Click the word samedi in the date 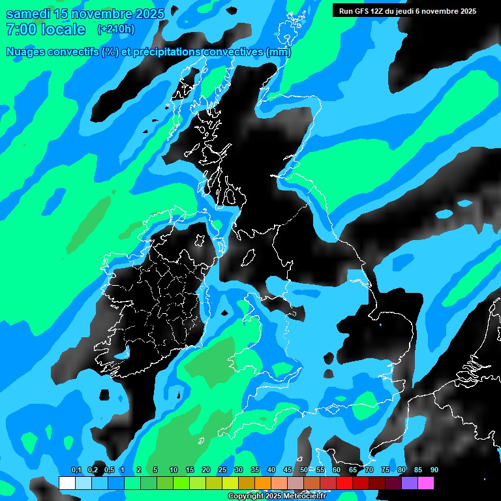[28, 14]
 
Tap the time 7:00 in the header [21, 29]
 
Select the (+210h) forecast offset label [116, 29]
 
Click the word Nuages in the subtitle [25, 52]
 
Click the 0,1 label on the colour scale [76, 470]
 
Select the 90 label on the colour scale [434, 470]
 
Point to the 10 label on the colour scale [174, 470]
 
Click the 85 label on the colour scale [418, 470]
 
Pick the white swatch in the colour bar [67, 483]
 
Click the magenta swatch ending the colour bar [426, 483]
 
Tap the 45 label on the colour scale [288, 470]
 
